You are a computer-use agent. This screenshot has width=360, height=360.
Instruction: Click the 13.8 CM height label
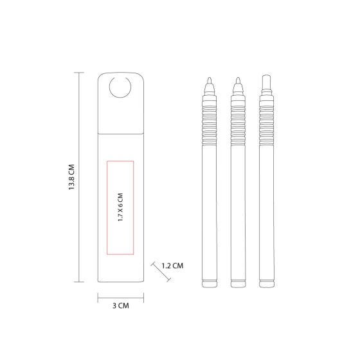coord(71,177)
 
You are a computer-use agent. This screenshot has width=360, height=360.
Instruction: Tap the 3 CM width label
coord(121,306)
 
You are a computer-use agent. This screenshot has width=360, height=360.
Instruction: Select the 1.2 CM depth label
coord(173,266)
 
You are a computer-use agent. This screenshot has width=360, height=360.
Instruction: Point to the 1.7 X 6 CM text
coord(120,207)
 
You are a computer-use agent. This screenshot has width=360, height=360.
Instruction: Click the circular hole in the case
coord(120,87)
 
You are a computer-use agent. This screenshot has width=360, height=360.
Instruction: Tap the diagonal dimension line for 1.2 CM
coord(161,271)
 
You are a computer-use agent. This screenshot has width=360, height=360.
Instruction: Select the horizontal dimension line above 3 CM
coord(121,298)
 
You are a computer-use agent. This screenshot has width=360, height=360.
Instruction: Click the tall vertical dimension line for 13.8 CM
coord(80,177)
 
